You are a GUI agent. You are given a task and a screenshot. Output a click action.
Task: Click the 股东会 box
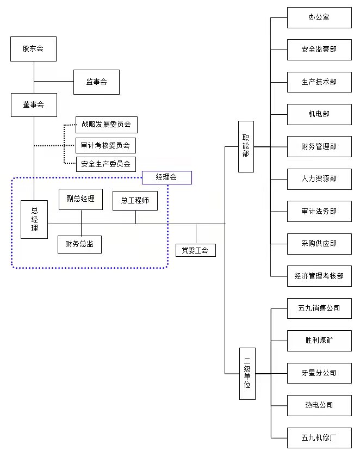(x=33, y=49)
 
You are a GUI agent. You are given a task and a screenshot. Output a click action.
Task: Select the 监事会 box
(x=96, y=82)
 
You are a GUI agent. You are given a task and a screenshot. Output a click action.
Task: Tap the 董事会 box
(x=33, y=104)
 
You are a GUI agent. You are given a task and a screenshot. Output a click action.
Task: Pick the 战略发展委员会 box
(x=106, y=124)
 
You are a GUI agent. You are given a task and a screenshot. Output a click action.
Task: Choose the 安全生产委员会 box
(x=105, y=164)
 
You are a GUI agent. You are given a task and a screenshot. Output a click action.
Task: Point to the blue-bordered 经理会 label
(x=166, y=177)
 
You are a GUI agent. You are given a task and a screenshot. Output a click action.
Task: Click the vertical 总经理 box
(x=34, y=219)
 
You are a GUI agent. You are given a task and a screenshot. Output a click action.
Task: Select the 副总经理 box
(x=80, y=199)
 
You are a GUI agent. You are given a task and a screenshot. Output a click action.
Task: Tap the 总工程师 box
(x=135, y=201)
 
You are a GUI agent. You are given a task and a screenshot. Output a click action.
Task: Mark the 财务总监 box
(x=79, y=244)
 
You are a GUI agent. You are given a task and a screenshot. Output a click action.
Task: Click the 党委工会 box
(x=196, y=250)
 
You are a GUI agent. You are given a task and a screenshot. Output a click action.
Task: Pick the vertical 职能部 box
(x=246, y=146)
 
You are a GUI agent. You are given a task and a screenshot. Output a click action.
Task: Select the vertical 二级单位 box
(x=247, y=374)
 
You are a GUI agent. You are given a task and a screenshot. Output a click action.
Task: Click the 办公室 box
(x=319, y=17)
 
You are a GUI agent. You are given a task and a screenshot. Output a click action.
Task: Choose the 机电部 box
(x=319, y=114)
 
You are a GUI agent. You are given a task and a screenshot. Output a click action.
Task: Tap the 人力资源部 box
(x=319, y=178)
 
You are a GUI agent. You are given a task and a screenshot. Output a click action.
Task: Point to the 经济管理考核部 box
(x=319, y=276)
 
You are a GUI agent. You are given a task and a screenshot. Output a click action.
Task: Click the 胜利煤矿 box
(x=319, y=341)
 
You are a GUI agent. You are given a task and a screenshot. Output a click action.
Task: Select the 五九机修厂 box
(x=319, y=437)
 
